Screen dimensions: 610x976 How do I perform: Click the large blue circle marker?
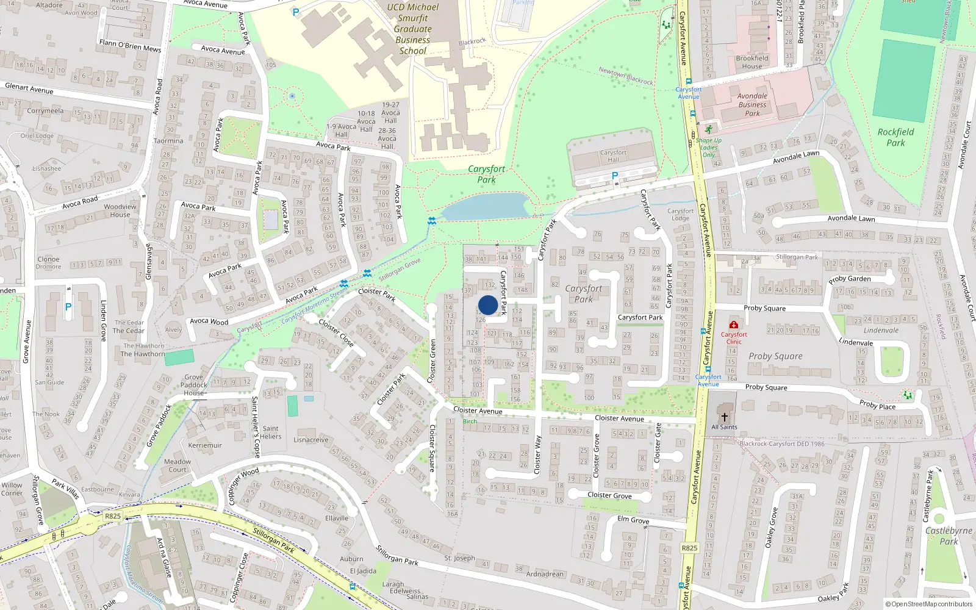488,305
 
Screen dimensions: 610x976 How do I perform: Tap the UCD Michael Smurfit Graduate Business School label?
413,29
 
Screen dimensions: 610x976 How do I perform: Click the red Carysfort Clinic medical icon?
734,325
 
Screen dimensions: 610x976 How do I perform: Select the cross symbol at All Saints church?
724,417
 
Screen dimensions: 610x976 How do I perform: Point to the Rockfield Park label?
895,137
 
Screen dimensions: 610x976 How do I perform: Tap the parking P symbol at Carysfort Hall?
615,176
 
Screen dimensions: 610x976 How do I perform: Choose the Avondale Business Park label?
752,104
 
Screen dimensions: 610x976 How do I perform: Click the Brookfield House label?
752,62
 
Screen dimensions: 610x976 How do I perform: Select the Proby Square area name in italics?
775,356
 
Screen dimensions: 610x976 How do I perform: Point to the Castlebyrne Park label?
949,536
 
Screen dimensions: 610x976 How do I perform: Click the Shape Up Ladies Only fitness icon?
708,130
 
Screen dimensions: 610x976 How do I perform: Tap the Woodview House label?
120,210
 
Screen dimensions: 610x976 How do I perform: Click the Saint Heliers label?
271,432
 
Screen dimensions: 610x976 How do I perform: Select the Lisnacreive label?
311,440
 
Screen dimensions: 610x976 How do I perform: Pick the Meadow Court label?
178,465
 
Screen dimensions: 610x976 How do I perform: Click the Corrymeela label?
45,111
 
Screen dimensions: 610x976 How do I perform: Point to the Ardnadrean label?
545,574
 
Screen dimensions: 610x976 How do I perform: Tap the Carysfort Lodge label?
680,215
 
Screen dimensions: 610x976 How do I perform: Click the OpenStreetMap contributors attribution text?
929,605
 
